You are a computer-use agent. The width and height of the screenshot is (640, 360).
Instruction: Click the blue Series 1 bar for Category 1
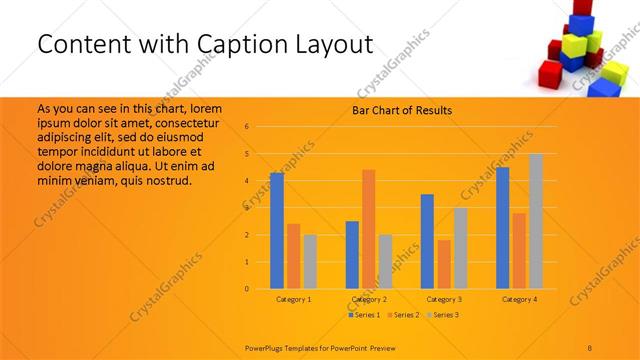coord(277,231)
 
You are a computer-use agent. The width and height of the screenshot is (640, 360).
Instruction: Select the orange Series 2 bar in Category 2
coord(368,229)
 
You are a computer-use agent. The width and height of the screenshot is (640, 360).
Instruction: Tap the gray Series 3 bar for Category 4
coord(536,221)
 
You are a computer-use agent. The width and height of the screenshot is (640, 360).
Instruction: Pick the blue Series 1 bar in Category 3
coord(427,241)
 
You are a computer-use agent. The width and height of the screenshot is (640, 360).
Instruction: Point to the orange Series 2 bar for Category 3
coord(444,264)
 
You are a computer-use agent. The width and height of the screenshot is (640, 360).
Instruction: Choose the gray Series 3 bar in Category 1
coord(310,262)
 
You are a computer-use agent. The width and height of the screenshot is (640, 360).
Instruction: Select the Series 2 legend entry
coord(405,315)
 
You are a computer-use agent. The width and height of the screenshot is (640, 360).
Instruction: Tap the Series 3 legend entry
coord(444,315)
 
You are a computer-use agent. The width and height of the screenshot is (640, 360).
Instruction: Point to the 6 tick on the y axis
coord(260,127)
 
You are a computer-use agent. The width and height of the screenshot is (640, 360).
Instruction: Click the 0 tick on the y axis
coord(260,289)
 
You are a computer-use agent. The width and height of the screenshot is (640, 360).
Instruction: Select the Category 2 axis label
coord(369,299)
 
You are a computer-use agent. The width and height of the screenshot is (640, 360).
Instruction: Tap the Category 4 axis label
coord(519,299)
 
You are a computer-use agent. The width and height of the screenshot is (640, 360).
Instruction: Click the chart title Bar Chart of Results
coord(402,110)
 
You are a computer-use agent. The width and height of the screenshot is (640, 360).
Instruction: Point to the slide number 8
coord(590,346)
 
